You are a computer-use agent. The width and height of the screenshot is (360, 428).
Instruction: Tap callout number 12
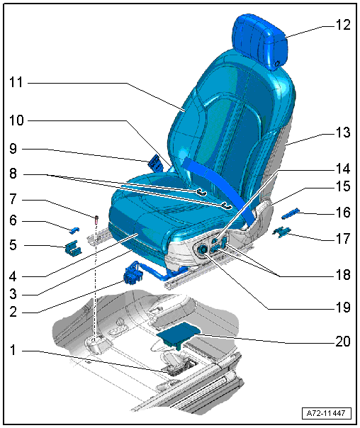coord(342,25)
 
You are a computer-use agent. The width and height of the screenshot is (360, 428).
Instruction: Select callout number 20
coord(342,342)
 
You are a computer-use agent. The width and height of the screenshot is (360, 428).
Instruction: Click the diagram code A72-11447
coord(327,413)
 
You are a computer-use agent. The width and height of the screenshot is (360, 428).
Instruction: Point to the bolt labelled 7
coord(96,220)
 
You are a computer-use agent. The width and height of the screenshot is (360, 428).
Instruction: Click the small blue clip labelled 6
coord(75,230)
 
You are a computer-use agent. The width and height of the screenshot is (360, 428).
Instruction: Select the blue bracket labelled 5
coord(73,248)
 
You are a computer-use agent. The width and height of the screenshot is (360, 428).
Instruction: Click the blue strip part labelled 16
coord(291,213)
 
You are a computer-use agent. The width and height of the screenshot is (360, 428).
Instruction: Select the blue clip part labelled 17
coord(282,232)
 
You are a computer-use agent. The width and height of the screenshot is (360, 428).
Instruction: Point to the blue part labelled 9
coord(154,163)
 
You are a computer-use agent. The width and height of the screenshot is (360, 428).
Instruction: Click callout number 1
coord(13,350)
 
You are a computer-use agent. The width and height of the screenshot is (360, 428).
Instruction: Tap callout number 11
coord(16,82)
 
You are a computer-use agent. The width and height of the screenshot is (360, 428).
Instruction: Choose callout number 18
coord(343,274)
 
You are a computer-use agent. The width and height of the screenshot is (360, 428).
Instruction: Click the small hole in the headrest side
coord(276,64)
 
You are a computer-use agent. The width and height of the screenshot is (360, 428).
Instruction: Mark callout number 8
coord(13,174)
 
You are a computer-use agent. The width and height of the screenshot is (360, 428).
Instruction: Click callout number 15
coord(343,186)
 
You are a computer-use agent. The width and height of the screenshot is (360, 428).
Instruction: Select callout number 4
coord(13,276)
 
